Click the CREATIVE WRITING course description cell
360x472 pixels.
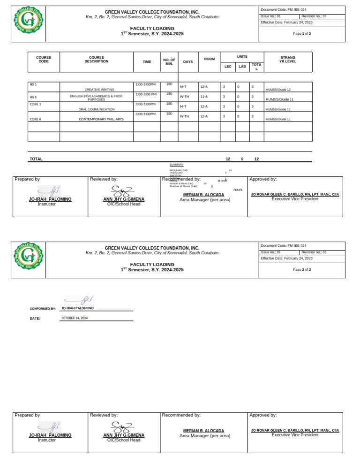(x=96, y=89)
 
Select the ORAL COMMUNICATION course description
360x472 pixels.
(x=96, y=109)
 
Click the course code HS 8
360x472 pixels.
(x=33, y=97)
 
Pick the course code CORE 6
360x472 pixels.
(x=35, y=119)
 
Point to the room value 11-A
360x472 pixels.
(x=204, y=97)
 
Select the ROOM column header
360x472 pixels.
(x=210, y=59)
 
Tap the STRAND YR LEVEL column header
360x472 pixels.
(x=287, y=60)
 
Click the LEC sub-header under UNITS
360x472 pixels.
(x=228, y=67)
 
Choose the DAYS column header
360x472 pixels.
(x=188, y=62)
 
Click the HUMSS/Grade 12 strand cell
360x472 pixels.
(x=278, y=90)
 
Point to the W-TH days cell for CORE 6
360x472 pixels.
(x=184, y=116)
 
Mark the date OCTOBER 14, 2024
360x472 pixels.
(x=75, y=318)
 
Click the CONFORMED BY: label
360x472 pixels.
(x=43, y=309)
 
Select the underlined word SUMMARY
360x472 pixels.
(x=176, y=165)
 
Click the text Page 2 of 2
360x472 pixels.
(x=302, y=270)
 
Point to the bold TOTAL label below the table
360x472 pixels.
(x=36, y=159)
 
